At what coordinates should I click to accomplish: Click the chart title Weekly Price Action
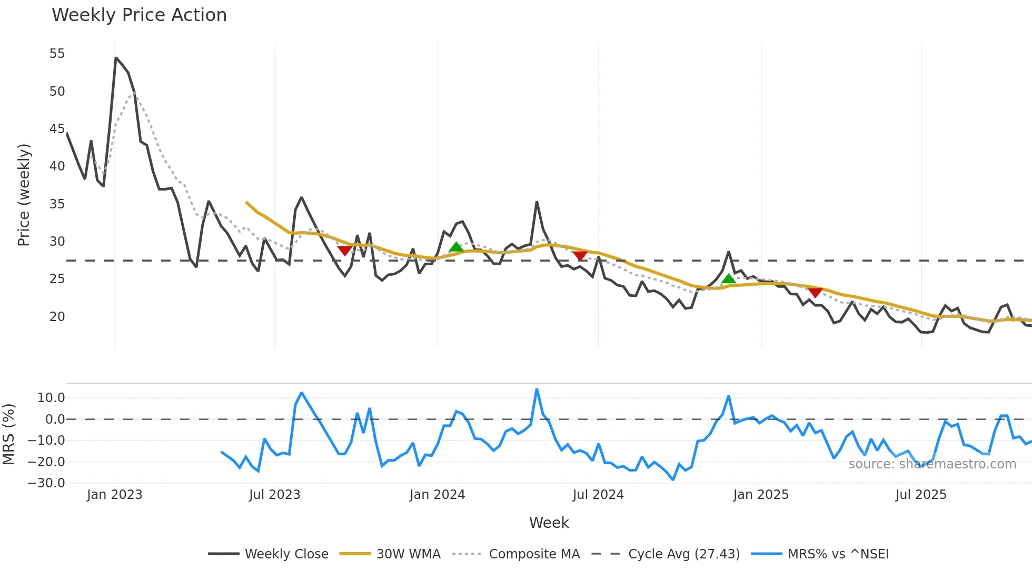pyautogui.click(x=139, y=15)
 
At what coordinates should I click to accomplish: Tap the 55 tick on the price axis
pyautogui.click(x=57, y=54)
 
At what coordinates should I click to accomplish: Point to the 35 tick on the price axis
pyautogui.click(x=57, y=204)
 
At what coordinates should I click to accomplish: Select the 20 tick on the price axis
pyautogui.click(x=57, y=316)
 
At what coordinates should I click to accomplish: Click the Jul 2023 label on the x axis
pyautogui.click(x=274, y=495)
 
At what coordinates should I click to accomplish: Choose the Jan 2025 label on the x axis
pyautogui.click(x=760, y=495)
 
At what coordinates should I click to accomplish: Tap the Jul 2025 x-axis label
pyautogui.click(x=920, y=495)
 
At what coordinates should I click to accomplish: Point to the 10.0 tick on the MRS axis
pyautogui.click(x=51, y=398)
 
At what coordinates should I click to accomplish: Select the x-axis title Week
pyautogui.click(x=549, y=523)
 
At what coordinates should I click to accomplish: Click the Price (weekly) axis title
pyautogui.click(x=24, y=195)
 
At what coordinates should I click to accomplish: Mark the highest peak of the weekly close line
pyautogui.click(x=116, y=58)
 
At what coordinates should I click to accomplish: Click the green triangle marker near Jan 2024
pyautogui.click(x=456, y=247)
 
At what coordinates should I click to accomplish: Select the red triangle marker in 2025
pyautogui.click(x=815, y=293)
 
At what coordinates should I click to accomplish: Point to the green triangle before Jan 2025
pyautogui.click(x=728, y=279)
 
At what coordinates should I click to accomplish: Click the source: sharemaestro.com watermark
pyautogui.click(x=932, y=464)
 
